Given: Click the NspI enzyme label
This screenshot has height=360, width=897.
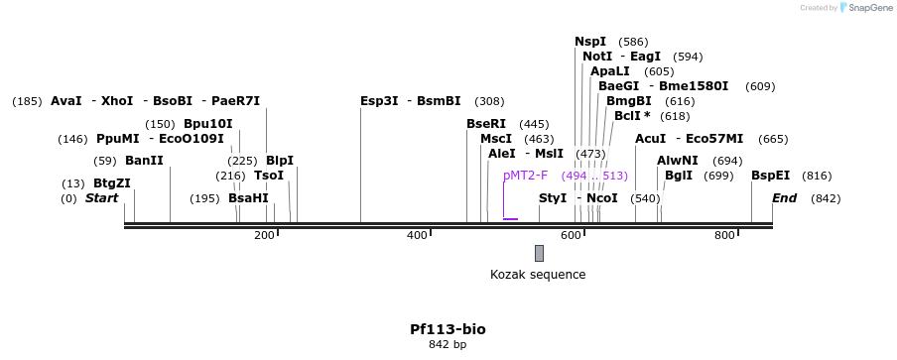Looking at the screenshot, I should [x=590, y=42].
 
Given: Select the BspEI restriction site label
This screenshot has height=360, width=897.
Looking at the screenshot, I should [x=770, y=176].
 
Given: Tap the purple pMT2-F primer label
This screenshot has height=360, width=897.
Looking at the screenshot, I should [x=525, y=176].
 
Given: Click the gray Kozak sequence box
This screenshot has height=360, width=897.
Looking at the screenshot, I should [x=539, y=253].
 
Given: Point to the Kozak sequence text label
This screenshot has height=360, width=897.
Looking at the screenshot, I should [x=538, y=275].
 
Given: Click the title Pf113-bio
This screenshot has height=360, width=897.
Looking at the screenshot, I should [x=448, y=329].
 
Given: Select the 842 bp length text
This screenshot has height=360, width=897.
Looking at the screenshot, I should [x=448, y=345].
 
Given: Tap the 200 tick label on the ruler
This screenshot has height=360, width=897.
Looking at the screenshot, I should [x=264, y=235].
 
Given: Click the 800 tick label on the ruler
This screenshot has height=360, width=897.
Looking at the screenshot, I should [x=724, y=235].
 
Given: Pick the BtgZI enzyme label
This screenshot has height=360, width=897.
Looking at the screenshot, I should [x=111, y=183].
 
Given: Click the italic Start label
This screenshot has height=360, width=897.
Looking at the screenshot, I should [x=101, y=198].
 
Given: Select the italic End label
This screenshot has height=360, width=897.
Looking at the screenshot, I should [x=784, y=198].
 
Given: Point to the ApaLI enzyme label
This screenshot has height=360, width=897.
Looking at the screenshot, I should [x=609, y=71].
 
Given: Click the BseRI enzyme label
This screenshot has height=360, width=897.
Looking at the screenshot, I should [x=486, y=124].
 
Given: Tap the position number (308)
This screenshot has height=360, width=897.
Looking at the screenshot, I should [x=489, y=101].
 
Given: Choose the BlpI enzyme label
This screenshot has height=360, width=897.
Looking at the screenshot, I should [x=280, y=161].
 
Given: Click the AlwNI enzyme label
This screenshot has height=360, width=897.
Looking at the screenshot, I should [x=678, y=161].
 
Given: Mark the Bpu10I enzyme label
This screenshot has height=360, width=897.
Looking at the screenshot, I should [x=208, y=124].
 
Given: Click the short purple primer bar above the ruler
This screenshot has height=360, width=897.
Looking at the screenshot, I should [x=510, y=218].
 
